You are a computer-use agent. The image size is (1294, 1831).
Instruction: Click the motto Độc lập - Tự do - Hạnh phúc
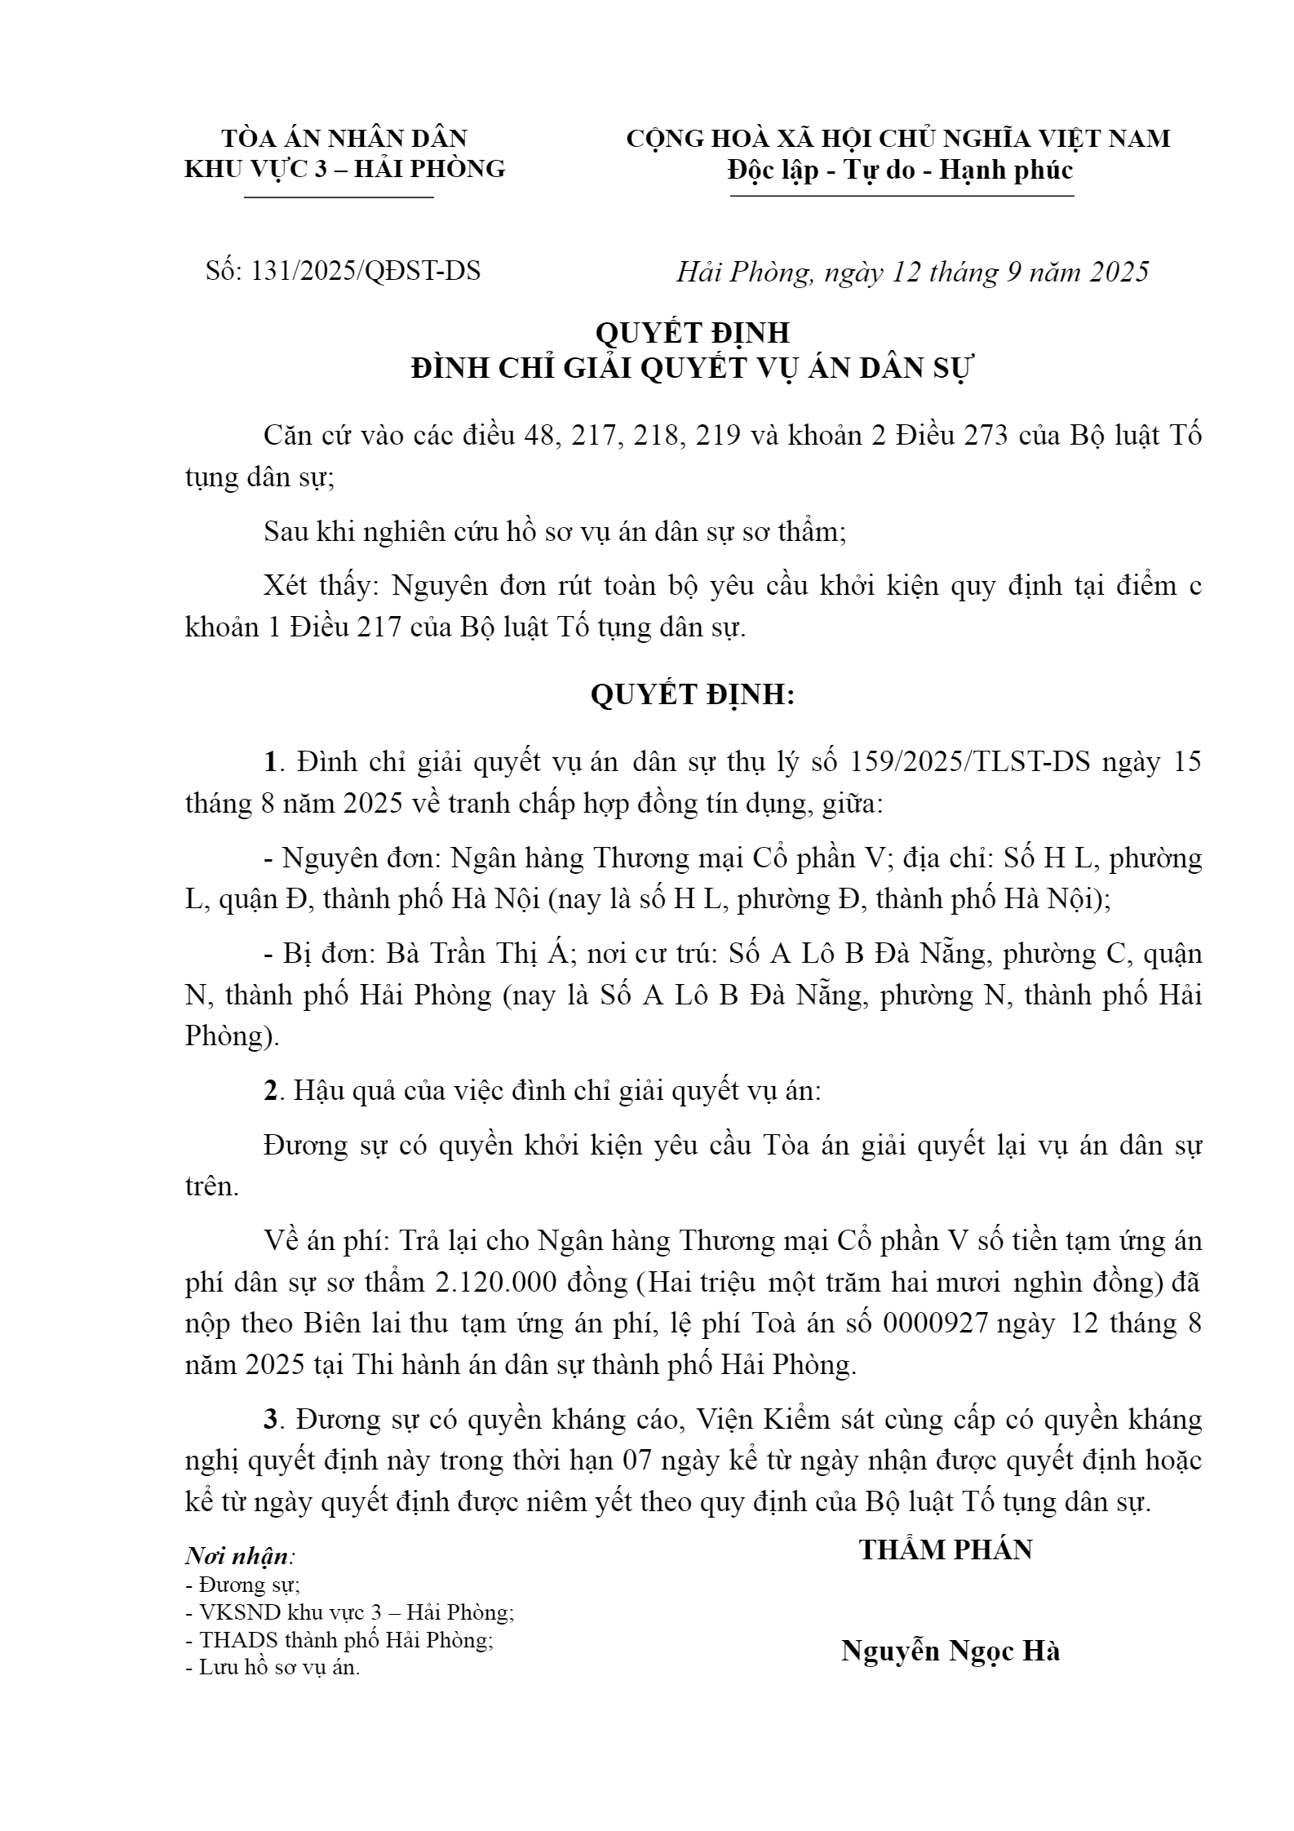click(901, 170)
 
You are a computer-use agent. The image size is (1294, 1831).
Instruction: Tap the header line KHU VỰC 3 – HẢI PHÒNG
click(345, 168)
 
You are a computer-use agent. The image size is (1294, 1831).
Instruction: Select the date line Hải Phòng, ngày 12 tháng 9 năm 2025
click(912, 272)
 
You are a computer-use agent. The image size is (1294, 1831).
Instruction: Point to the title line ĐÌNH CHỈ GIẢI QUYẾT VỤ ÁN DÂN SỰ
click(692, 369)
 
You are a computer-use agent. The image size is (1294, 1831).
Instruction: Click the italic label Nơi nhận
click(237, 1556)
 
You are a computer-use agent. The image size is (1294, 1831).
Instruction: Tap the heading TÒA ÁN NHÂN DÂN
click(344, 138)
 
